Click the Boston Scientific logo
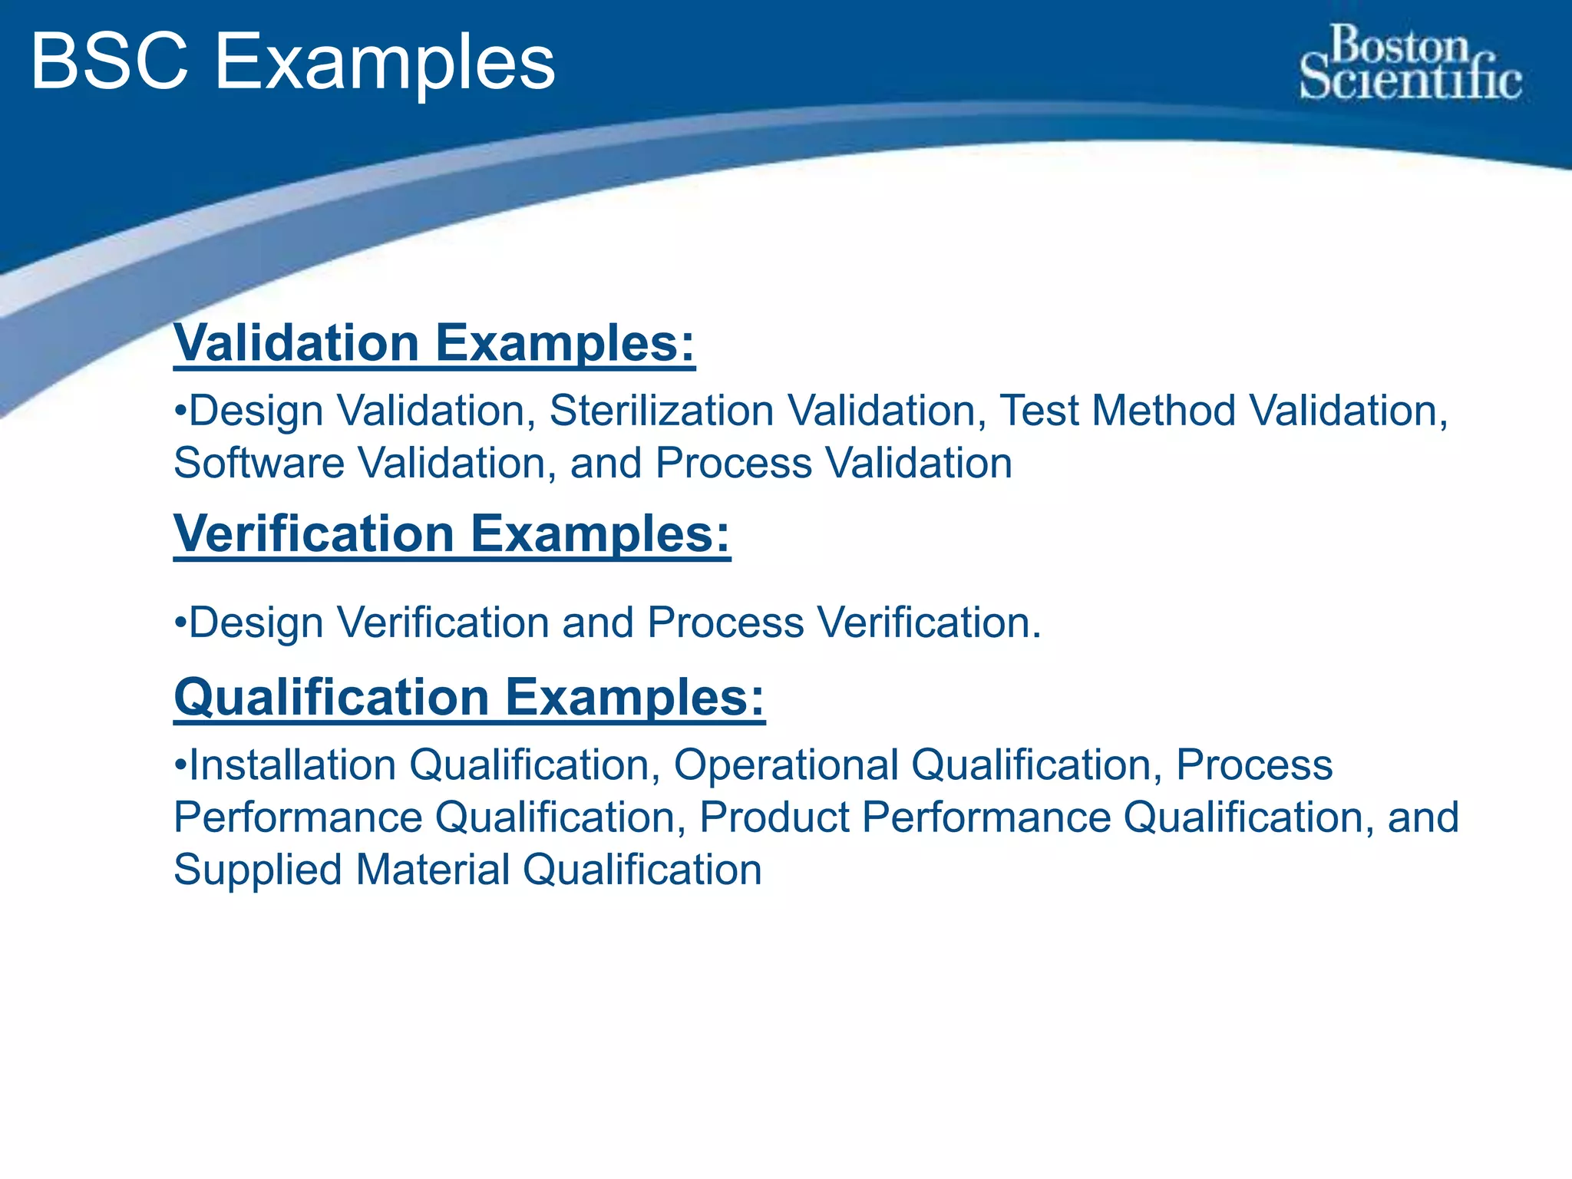(x=1411, y=63)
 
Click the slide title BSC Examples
(x=292, y=63)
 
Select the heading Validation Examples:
(x=434, y=342)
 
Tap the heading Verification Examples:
(x=452, y=533)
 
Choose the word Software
(x=259, y=464)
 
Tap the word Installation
(x=292, y=765)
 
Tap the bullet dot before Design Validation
(x=180, y=410)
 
